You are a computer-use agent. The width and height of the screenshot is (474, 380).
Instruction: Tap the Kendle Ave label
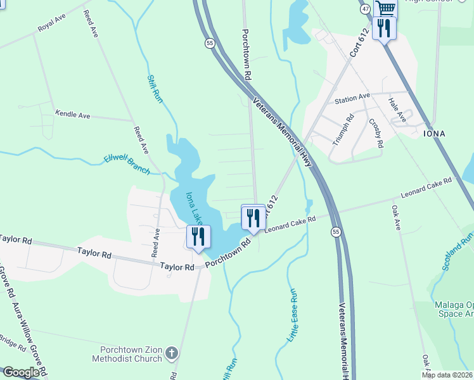[x=73, y=115]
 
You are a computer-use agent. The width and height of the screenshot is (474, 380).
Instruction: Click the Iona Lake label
[x=194, y=208]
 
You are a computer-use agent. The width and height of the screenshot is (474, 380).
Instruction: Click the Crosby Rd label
[x=376, y=133]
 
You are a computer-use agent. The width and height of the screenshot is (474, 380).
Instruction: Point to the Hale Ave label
[x=398, y=110]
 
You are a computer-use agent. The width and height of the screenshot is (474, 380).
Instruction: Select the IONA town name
[x=434, y=134]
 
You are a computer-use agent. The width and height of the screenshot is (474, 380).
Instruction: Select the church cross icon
[x=172, y=352]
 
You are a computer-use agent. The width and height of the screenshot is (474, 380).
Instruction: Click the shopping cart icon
[x=385, y=8]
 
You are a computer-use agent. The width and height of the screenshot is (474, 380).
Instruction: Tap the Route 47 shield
[x=365, y=9]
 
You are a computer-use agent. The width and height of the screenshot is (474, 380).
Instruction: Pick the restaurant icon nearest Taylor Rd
[x=198, y=237]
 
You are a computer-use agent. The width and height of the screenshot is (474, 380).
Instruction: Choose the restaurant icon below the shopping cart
[x=384, y=28]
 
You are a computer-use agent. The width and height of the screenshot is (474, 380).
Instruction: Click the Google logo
[x=22, y=372]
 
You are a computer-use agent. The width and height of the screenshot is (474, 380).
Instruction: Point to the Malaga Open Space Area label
[x=454, y=309]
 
